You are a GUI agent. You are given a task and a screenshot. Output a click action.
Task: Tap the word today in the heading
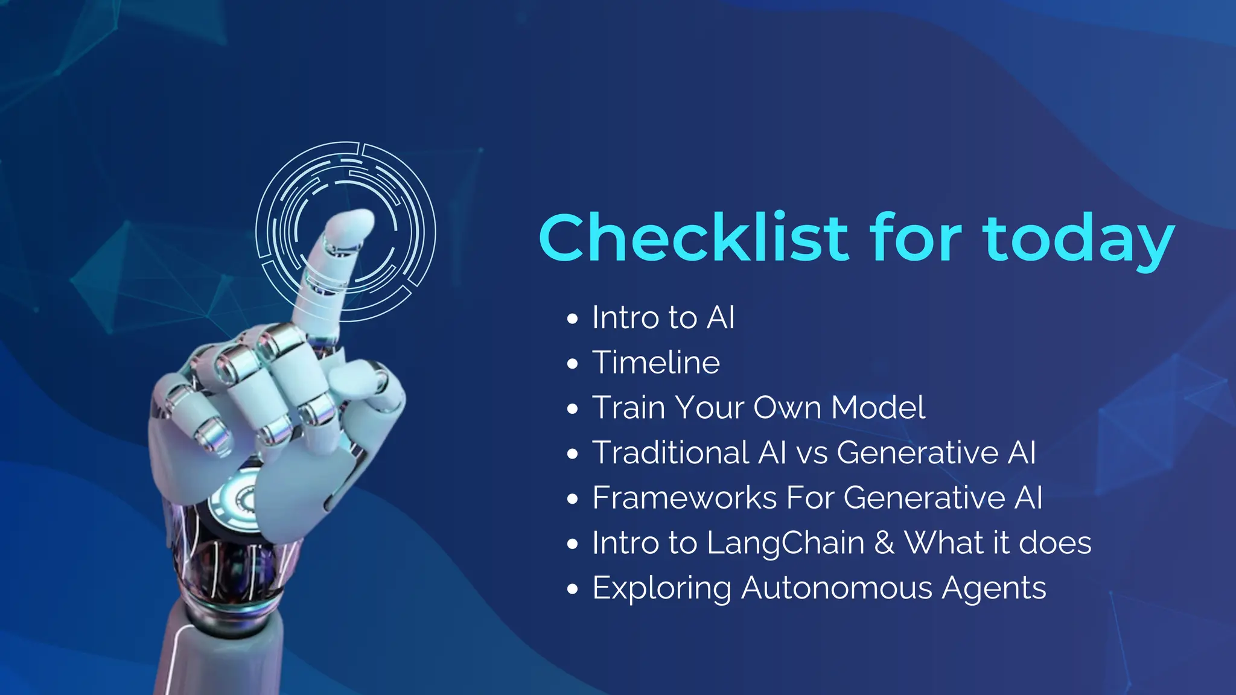1078,240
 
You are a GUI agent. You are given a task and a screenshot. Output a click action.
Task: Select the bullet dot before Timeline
573,364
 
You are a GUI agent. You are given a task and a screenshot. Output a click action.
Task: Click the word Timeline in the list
656,363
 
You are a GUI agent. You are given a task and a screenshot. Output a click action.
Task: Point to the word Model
878,407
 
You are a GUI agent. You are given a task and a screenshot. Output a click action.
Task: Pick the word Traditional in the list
671,452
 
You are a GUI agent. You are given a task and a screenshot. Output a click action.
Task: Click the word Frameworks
684,498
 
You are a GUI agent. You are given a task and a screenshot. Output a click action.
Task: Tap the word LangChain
786,543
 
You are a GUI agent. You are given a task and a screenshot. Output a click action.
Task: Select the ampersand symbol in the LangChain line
884,542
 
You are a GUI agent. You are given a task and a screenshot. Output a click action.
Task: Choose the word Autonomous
837,588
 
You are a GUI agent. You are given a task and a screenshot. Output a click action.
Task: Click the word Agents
994,589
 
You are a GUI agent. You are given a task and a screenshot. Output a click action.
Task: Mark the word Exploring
662,589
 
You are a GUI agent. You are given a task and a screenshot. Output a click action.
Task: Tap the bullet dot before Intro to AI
573,319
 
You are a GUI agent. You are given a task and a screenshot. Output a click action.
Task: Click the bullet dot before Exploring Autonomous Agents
573,589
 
